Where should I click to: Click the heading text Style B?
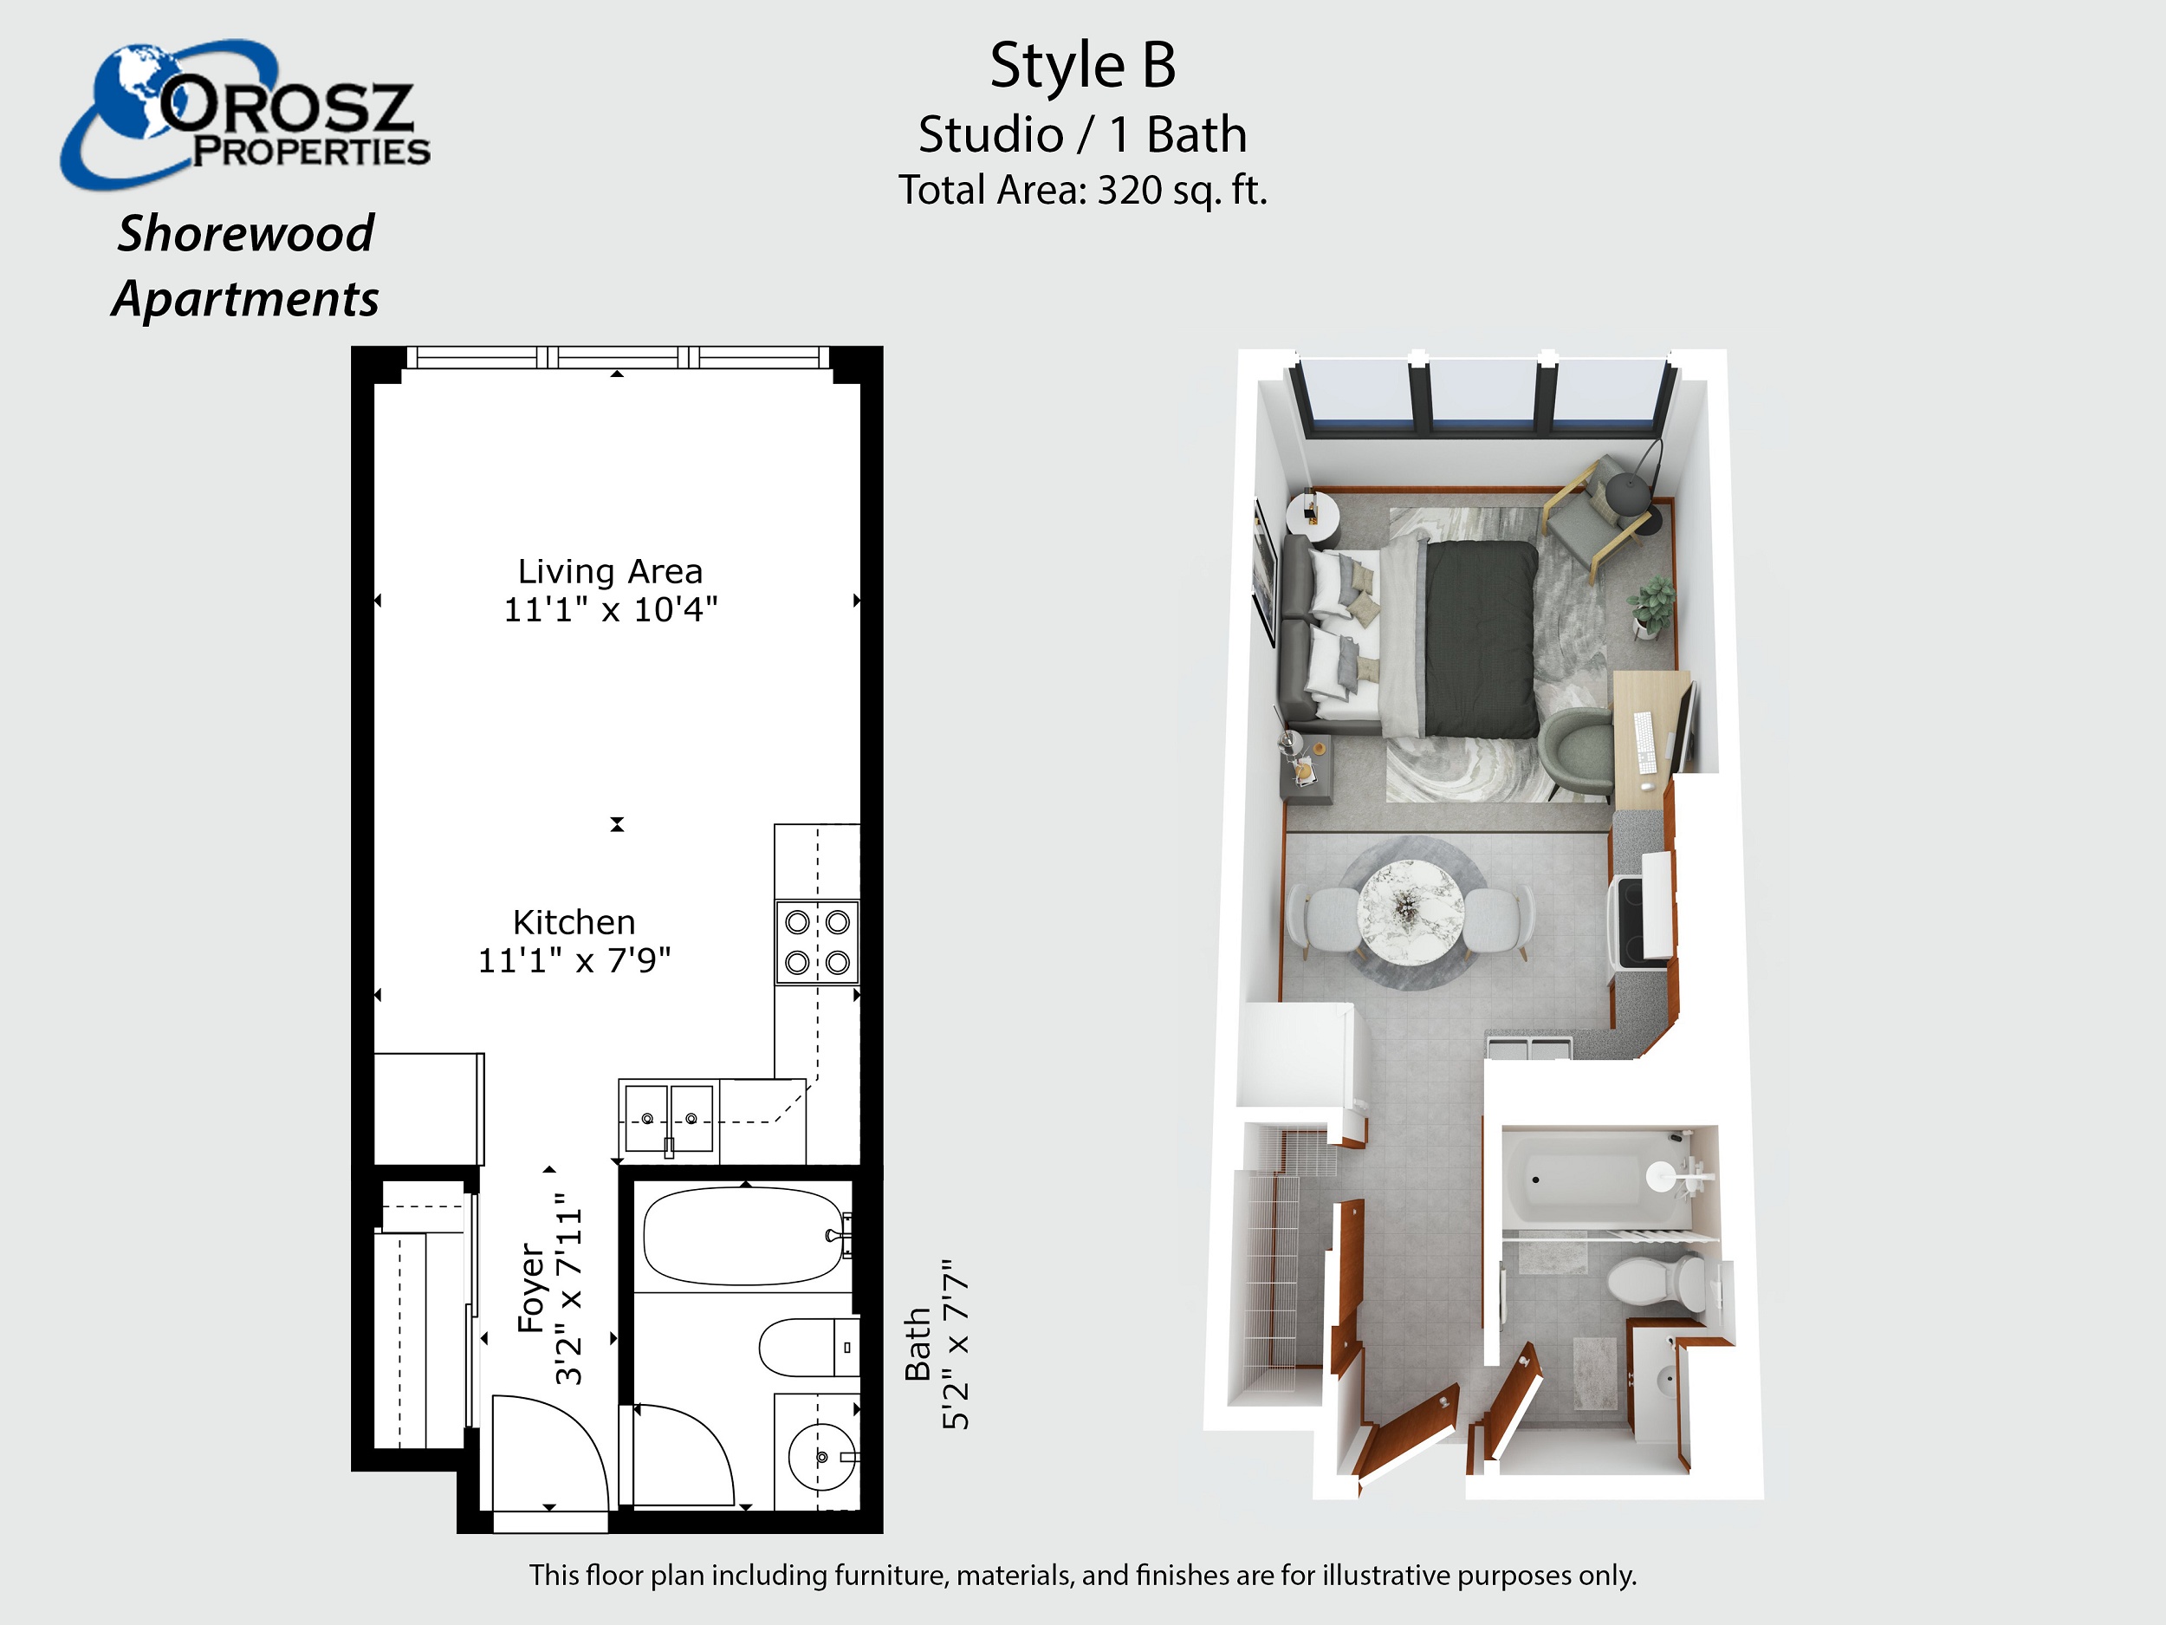point(1082,66)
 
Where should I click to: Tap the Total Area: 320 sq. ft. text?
point(1083,190)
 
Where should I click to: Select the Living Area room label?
point(610,571)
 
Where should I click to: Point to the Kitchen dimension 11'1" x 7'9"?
point(574,960)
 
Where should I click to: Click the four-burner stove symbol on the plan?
point(818,942)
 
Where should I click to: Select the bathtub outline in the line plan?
point(746,1236)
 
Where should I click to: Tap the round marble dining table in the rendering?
point(1410,912)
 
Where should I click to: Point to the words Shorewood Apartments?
point(245,265)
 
